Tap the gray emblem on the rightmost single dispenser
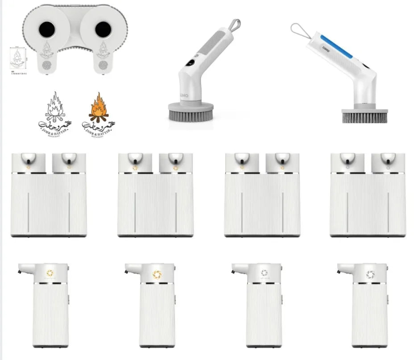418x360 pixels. click(369, 274)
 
